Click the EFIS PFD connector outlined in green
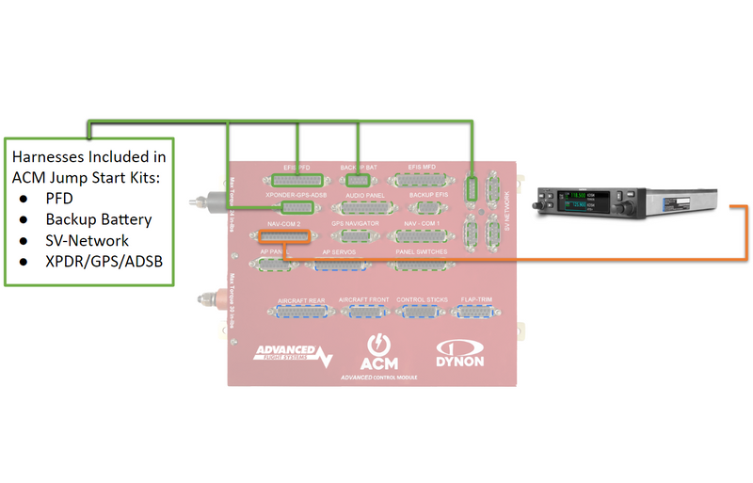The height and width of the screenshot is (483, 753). pos(296,179)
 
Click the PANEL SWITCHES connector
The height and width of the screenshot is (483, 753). pos(421,266)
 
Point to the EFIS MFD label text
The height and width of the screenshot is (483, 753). pos(421,166)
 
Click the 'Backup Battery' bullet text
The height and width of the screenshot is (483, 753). pos(99,219)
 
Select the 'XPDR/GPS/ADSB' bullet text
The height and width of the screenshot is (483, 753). pos(104,260)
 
